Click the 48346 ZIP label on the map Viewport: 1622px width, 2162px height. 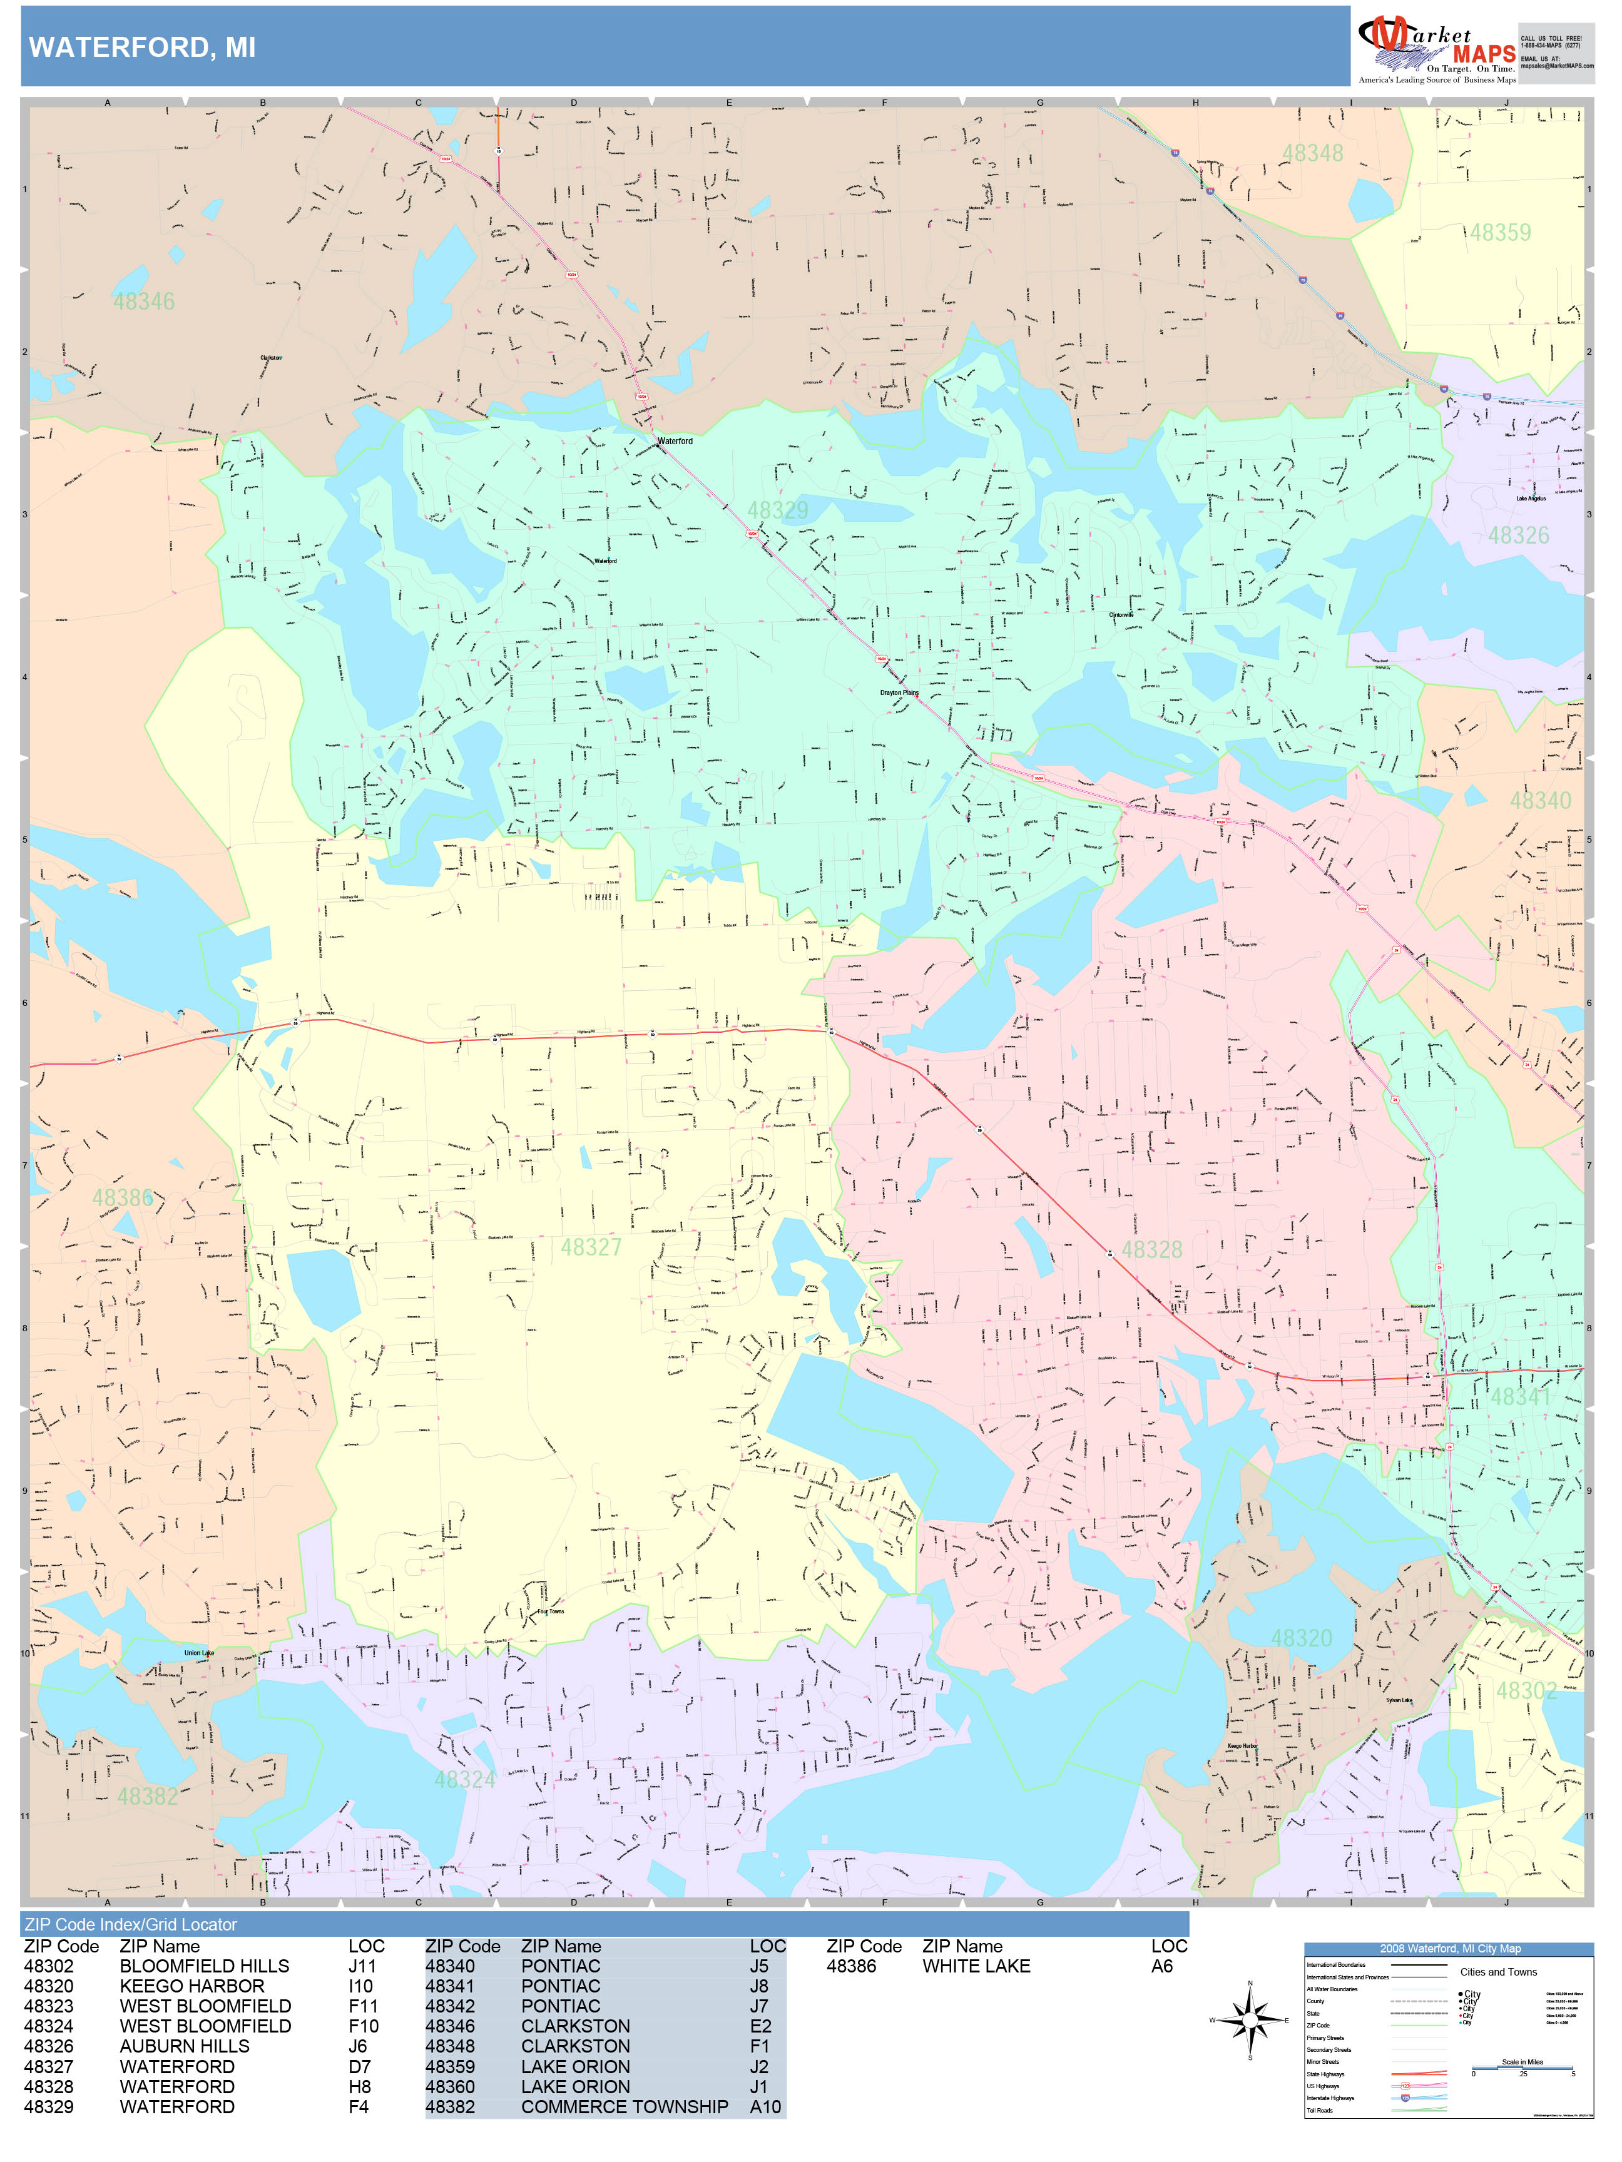click(x=144, y=301)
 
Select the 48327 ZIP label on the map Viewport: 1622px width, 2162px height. click(x=591, y=1247)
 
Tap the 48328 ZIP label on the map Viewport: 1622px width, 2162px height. click(x=1151, y=1249)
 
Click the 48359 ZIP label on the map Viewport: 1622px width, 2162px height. click(x=1500, y=233)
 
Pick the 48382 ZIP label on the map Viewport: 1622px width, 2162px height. click(x=148, y=1797)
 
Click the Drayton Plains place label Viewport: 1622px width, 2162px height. click(x=899, y=693)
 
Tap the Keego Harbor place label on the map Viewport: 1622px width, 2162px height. click(x=1243, y=1745)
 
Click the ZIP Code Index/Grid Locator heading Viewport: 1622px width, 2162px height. click(x=130, y=1924)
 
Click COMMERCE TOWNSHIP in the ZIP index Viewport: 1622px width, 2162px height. click(x=624, y=2106)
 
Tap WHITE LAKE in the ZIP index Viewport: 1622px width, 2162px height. click(x=975, y=1966)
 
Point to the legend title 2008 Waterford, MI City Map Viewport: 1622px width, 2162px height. click(x=1449, y=1948)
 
